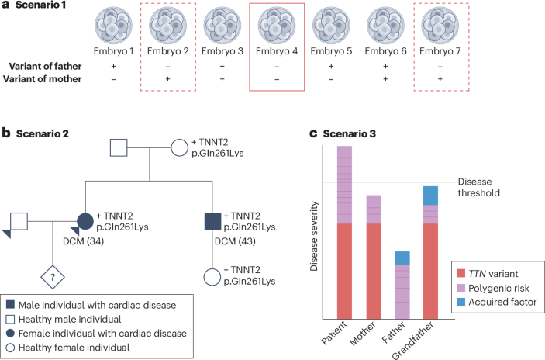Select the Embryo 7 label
coord(440,51)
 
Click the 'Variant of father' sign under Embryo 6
coord(385,67)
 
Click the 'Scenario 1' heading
coord(39,6)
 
